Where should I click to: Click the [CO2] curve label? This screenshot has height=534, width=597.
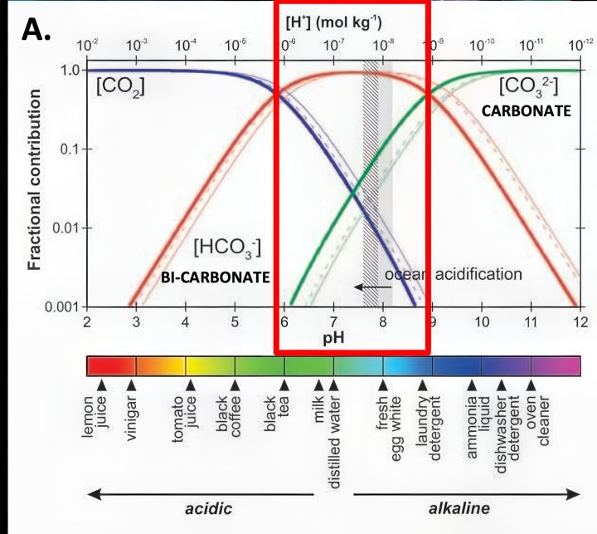coord(122,86)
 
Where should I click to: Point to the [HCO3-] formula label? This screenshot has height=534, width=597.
coord(227,247)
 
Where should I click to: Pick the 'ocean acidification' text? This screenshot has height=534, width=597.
coord(453,274)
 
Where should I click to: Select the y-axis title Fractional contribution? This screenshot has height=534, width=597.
coord(34,187)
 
